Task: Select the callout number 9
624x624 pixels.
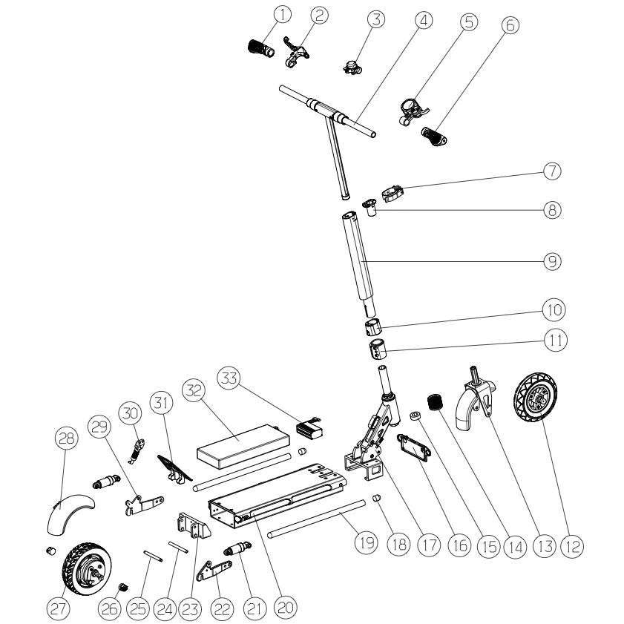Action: pos(551,260)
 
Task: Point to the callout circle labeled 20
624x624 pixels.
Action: pos(285,606)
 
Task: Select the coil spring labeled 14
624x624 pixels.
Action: pos(434,405)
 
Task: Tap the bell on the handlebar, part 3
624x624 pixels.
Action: pos(349,65)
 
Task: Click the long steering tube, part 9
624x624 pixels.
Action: pos(360,260)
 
